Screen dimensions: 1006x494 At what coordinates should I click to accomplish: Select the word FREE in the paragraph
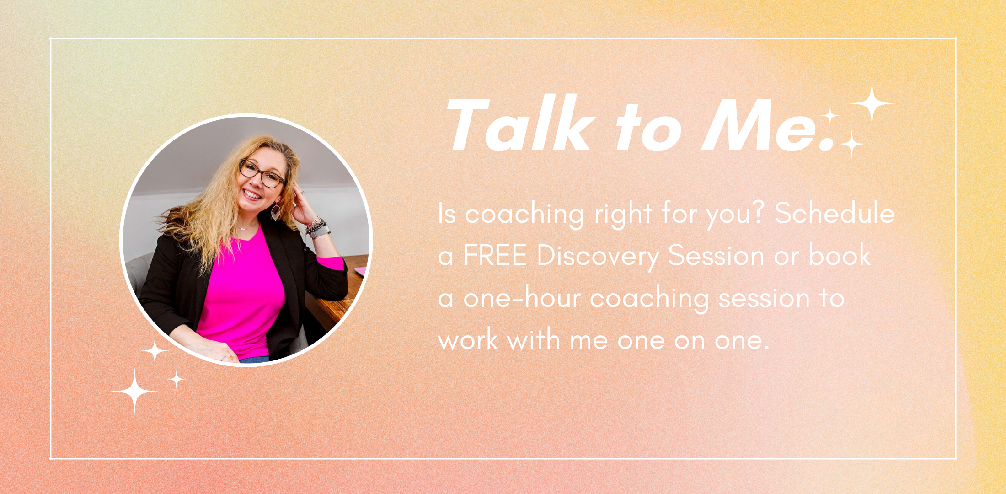[x=495, y=255]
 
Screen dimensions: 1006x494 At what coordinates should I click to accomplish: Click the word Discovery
[x=598, y=256]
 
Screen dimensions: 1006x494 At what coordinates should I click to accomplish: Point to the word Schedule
[x=835, y=213]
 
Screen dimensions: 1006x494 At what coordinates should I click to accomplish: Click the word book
[x=840, y=254]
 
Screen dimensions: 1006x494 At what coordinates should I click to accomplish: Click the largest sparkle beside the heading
[x=872, y=104]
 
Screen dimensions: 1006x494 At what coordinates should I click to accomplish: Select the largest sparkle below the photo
[x=134, y=392]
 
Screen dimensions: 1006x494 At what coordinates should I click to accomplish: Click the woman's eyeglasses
[x=262, y=174]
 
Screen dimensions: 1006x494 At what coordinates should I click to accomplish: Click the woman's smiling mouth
[x=252, y=194]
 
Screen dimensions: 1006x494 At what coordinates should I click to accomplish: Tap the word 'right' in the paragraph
[x=623, y=214]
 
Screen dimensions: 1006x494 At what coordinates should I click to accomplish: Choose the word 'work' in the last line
[x=468, y=340]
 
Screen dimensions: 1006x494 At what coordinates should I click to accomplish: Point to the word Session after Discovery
[x=716, y=255]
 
